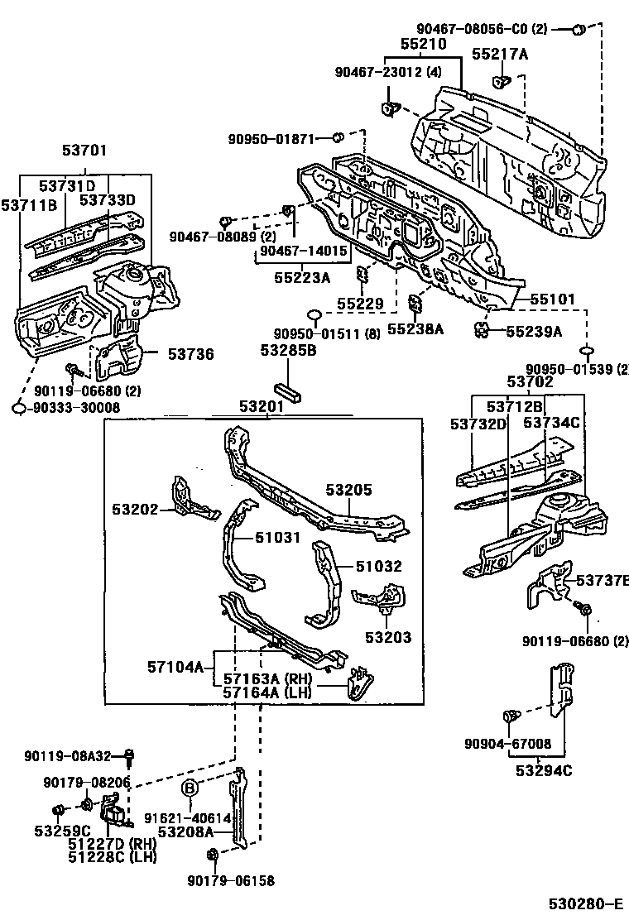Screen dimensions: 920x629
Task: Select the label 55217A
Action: (500, 55)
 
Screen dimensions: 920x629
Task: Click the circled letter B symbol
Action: (190, 787)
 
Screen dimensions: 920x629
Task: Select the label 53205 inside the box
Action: (348, 491)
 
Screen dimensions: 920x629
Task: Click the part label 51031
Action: (277, 538)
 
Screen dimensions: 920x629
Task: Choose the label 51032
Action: (379, 567)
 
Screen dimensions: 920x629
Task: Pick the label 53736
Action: (190, 355)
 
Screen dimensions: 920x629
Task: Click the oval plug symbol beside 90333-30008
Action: (20, 407)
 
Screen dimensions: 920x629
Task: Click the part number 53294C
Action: (545, 771)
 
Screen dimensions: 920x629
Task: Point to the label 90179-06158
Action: (230, 882)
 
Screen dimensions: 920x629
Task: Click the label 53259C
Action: (62, 831)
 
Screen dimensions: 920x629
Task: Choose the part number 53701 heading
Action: (84, 151)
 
